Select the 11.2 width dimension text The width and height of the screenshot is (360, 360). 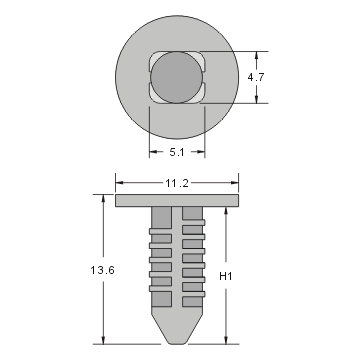coord(179,183)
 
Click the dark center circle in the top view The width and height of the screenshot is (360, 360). coord(177,78)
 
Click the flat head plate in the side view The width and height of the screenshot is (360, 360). coord(178,201)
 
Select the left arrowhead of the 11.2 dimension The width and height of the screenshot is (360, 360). coord(119,183)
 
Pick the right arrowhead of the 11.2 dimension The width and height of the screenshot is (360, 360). coord(237,183)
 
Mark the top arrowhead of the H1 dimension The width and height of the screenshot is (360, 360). coord(225,211)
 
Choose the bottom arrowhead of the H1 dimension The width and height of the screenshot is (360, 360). coord(225,339)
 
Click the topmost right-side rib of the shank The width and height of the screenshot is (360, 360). coord(195,217)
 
